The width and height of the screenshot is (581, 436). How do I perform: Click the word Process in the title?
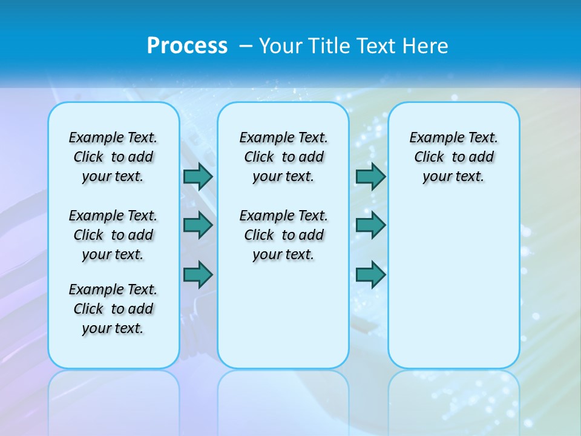pyautogui.click(x=187, y=45)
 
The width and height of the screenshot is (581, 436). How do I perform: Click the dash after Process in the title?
pyautogui.click(x=246, y=46)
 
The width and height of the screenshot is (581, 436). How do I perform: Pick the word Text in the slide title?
pyautogui.click(x=378, y=45)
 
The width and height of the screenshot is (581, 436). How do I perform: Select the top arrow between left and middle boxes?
pyautogui.click(x=198, y=176)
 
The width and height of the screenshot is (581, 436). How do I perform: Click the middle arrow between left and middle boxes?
pyautogui.click(x=198, y=225)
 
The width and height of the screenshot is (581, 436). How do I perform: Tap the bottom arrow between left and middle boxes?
pyautogui.click(x=198, y=275)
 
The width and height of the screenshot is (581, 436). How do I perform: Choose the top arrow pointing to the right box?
pyautogui.click(x=370, y=176)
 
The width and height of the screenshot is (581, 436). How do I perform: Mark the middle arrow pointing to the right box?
pyautogui.click(x=370, y=225)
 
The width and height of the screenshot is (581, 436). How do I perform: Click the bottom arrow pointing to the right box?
pyautogui.click(x=370, y=275)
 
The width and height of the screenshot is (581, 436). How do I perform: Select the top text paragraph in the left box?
pyautogui.click(x=113, y=157)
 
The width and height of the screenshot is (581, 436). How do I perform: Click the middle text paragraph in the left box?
pyautogui.click(x=113, y=235)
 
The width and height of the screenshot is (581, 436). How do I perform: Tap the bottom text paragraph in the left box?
pyautogui.click(x=113, y=309)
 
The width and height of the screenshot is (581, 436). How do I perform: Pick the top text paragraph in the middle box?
pyautogui.click(x=283, y=157)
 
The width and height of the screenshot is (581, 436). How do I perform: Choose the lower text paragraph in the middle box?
pyautogui.click(x=283, y=235)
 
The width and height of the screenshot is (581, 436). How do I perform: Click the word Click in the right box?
pyautogui.click(x=429, y=157)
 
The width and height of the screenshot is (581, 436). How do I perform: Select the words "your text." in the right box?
pyautogui.click(x=453, y=177)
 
